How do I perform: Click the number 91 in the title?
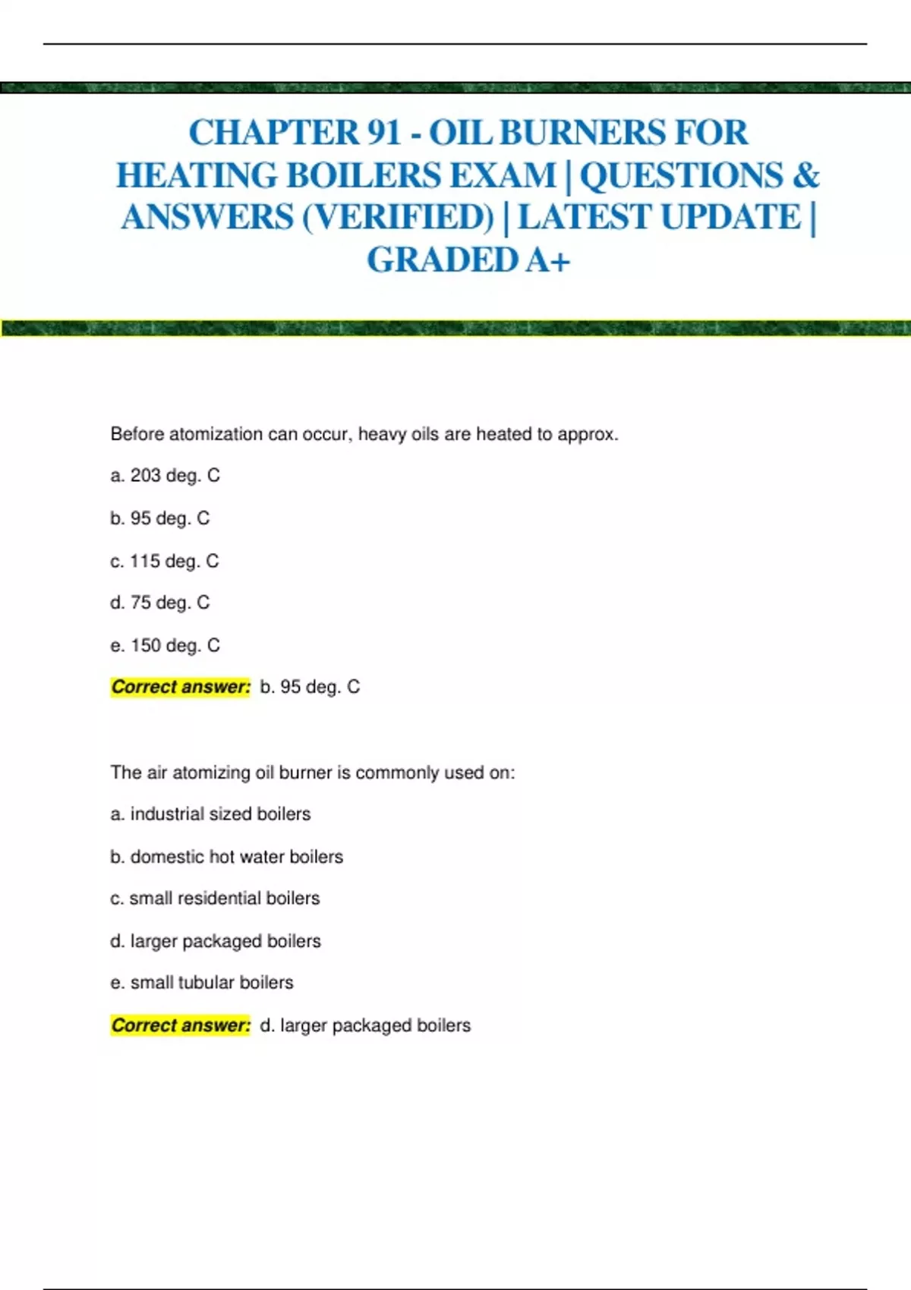(383, 133)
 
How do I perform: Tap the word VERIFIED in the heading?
(399, 218)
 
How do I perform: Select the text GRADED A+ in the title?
(468, 260)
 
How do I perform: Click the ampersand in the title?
(806, 175)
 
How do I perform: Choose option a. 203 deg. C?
(165, 476)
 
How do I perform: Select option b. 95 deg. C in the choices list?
(159, 518)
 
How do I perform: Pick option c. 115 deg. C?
(164, 562)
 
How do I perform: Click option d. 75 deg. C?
(159, 603)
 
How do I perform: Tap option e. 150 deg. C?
(165, 646)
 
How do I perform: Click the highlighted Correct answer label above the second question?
(181, 687)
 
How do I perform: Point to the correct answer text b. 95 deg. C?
(310, 687)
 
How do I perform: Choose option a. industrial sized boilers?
(210, 814)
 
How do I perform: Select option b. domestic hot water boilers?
(226, 857)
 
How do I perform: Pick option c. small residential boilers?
(215, 898)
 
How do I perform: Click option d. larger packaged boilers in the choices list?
(216, 942)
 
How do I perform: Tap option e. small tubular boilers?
(201, 983)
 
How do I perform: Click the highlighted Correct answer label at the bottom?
(181, 1026)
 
